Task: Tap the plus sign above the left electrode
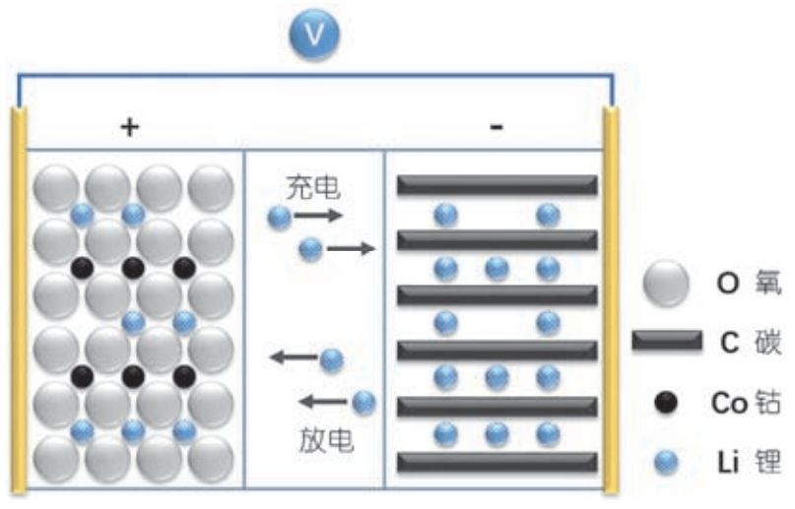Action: pyautogui.click(x=129, y=126)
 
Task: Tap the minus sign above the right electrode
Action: pyautogui.click(x=497, y=126)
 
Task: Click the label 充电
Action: pyautogui.click(x=313, y=185)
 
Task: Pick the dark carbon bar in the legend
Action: pyautogui.click(x=666, y=342)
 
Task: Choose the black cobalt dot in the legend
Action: pyautogui.click(x=665, y=403)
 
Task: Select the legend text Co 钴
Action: pyautogui.click(x=746, y=403)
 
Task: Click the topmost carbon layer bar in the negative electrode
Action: pyautogui.click(x=497, y=184)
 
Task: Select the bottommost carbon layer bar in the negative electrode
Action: pyautogui.click(x=497, y=461)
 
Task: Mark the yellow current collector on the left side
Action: pyautogui.click(x=19, y=295)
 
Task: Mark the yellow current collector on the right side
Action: pyautogui.click(x=611, y=295)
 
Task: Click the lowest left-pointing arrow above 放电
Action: pyautogui.click(x=322, y=401)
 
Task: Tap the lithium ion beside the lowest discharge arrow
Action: pyautogui.click(x=364, y=401)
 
